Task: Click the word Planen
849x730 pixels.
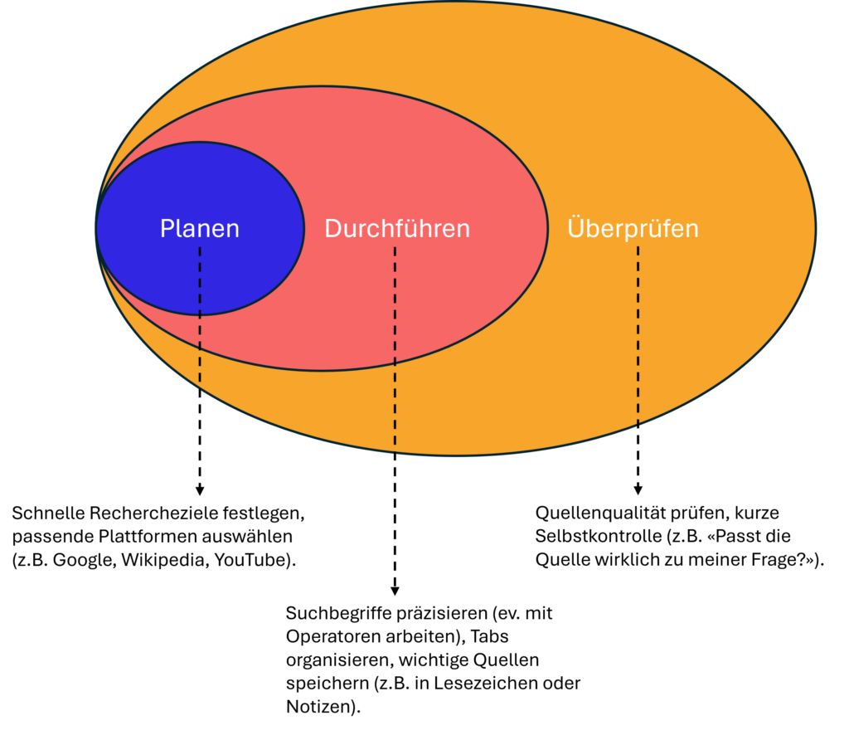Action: [x=199, y=229]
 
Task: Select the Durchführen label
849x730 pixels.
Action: [x=396, y=229]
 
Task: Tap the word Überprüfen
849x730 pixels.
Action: [x=633, y=228]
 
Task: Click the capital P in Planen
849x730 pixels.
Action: [x=167, y=229]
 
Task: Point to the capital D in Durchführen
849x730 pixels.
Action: [x=332, y=229]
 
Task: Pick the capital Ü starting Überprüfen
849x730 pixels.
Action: [x=576, y=227]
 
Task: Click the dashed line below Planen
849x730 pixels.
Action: [x=200, y=332]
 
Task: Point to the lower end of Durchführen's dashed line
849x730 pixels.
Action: [x=395, y=453]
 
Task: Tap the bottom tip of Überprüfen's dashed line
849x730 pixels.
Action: [x=638, y=424]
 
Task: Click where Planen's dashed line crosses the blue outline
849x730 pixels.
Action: [x=200, y=315]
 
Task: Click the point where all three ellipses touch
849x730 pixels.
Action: [x=96, y=228]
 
